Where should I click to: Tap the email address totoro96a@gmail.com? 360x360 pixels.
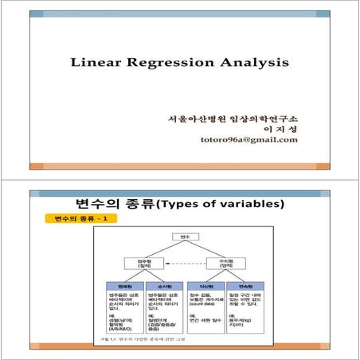(249, 139)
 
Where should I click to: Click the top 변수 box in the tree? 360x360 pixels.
(185, 237)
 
